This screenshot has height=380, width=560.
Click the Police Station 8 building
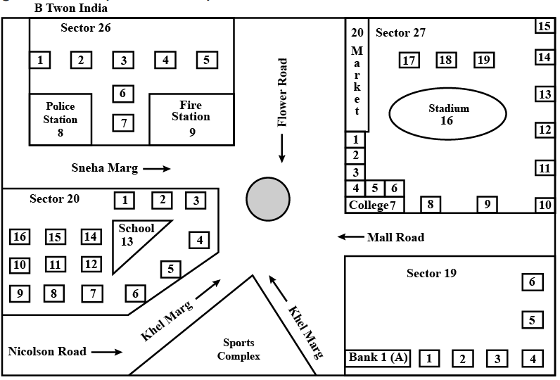[61, 119]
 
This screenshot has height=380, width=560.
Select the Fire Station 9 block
[191, 119]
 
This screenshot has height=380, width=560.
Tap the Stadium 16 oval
[447, 114]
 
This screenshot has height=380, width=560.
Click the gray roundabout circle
[268, 198]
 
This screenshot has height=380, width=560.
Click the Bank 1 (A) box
[378, 357]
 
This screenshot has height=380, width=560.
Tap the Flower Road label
[283, 92]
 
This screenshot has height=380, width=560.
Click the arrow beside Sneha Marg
[158, 169]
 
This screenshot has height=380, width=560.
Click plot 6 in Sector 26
[123, 93]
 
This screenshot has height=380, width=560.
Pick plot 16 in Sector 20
[20, 236]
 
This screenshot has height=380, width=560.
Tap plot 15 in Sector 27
[545, 27]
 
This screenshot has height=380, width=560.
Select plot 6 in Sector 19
[533, 282]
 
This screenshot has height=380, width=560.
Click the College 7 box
[376, 205]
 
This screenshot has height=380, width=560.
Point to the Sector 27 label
[400, 33]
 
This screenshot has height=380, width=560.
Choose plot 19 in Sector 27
[483, 60]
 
